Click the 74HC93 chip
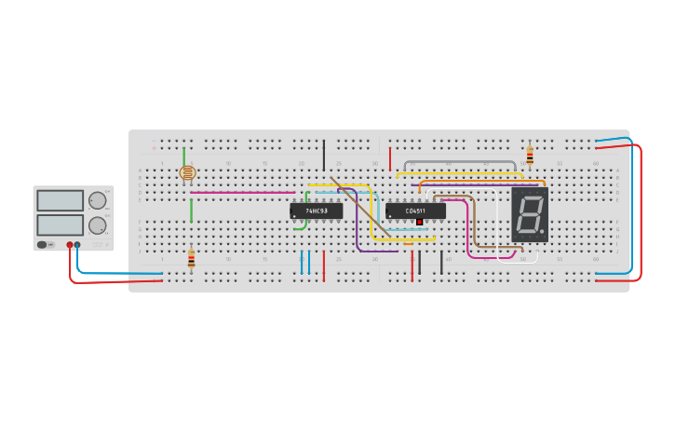[316, 211]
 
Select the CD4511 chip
[415, 211]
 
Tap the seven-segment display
[529, 214]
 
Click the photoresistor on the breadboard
[187, 173]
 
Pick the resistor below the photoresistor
[191, 259]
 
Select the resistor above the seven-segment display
[530, 156]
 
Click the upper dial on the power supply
[98, 200]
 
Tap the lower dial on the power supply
[98, 225]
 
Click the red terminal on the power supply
[69, 245]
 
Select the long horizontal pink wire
[242, 193]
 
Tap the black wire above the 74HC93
[324, 156]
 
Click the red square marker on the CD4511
[420, 222]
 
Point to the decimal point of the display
[542, 233]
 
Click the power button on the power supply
[42, 245]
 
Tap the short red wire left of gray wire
[390, 158]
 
